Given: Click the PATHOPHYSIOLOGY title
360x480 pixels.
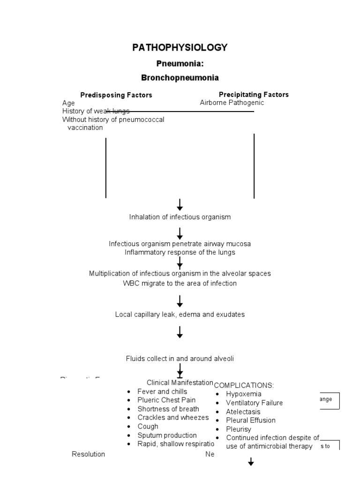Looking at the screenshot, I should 180,47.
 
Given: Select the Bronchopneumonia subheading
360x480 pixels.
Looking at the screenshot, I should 180,77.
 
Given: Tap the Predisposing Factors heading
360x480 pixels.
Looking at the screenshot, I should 116,95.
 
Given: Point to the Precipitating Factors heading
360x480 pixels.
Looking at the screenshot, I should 254,95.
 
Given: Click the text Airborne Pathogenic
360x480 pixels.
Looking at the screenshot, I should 232,103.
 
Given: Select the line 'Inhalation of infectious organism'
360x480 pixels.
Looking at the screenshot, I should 180,217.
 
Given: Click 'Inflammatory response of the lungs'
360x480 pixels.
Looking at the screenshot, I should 180,252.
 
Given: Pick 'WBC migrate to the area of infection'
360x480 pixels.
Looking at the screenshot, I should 180,283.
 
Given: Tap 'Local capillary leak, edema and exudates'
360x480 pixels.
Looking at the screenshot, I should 180,315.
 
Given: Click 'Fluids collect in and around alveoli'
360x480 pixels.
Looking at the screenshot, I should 180,359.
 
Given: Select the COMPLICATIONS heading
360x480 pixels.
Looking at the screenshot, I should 244,385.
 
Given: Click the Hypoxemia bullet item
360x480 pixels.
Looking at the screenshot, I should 243,394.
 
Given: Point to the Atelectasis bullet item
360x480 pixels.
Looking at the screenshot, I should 243,412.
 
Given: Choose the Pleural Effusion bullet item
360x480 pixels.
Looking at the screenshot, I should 251,420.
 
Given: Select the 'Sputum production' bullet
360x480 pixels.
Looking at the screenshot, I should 167,435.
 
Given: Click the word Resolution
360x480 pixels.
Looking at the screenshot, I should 88,454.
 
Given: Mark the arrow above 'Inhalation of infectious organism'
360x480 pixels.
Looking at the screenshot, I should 180,205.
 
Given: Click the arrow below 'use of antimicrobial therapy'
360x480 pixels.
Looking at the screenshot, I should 251,462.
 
